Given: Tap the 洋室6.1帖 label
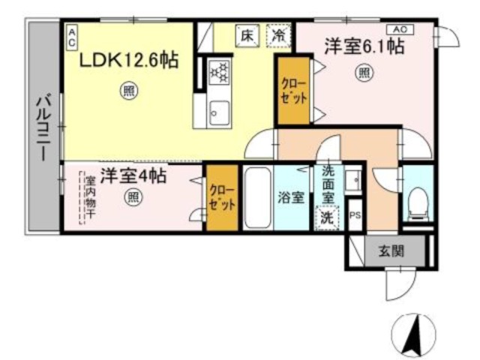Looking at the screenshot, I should pos(364,47).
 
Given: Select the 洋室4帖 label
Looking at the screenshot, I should pos(133,178).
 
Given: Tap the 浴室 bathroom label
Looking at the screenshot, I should pos(291,198).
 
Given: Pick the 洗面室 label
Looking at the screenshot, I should pos(328,192).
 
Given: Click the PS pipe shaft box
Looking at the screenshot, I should pos(355,212).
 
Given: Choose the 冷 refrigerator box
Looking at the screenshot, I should pos(279,34).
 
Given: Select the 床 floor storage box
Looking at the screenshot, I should pos(246,34).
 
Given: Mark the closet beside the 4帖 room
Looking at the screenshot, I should pos(222,198).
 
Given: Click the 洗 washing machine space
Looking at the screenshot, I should pos(328,217).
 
